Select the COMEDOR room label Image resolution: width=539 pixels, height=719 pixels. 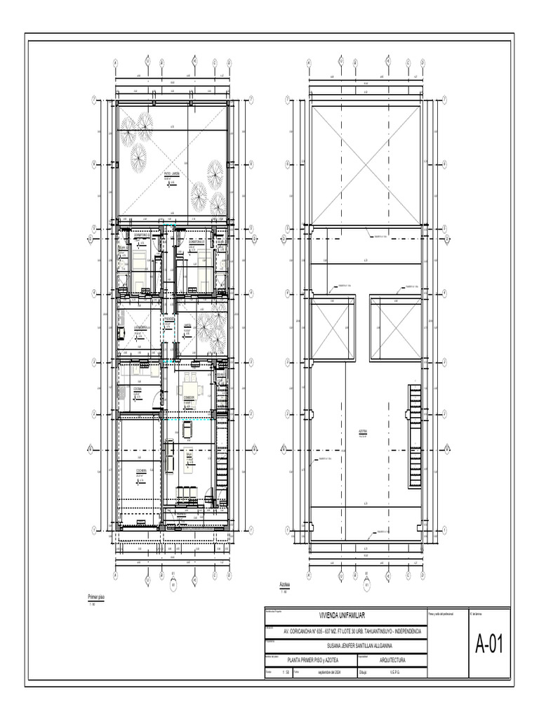188,397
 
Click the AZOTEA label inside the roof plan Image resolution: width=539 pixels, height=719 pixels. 364,432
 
